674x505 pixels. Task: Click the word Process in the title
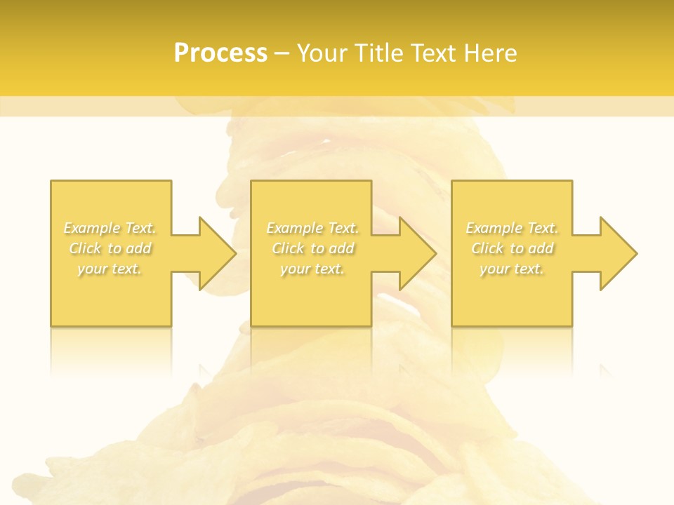click(x=220, y=53)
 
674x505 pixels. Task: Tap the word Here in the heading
click(x=489, y=53)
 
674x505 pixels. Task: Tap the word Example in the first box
click(x=92, y=228)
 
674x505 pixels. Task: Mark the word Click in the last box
click(x=488, y=248)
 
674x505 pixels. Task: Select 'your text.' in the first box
click(x=110, y=269)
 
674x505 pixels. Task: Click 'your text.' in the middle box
click(x=312, y=269)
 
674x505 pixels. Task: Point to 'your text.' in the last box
click(x=511, y=269)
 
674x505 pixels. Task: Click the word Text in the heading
click(x=430, y=53)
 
